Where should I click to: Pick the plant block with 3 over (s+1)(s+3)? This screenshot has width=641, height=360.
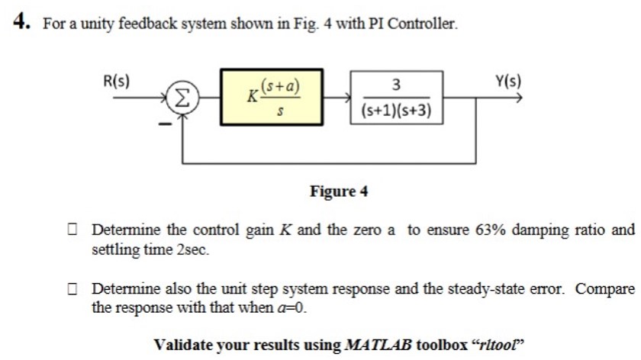pos(396,97)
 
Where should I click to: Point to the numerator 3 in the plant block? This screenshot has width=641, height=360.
pos(396,84)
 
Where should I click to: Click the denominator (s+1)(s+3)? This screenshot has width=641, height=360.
pos(396,111)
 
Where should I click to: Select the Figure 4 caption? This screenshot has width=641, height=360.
pos(339,191)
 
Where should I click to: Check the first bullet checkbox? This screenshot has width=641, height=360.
pos(72,230)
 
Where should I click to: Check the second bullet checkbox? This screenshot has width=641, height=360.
pos(72,289)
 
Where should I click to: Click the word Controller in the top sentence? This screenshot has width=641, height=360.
pos(423,23)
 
